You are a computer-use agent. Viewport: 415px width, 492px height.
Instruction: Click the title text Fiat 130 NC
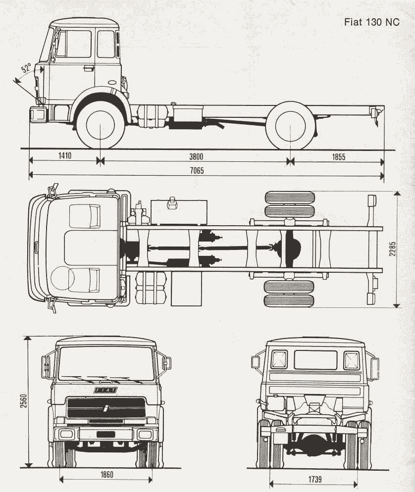click(x=371, y=23)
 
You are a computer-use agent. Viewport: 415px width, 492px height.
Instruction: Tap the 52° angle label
click(x=26, y=68)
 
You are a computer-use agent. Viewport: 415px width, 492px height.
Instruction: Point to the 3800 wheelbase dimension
click(x=196, y=156)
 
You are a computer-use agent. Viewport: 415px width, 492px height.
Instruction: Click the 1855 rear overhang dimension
click(x=338, y=156)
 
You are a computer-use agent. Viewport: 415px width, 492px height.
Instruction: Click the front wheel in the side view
click(x=101, y=125)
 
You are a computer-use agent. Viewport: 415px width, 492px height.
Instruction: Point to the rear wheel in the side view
click(x=290, y=125)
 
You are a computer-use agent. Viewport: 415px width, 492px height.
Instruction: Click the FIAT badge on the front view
click(x=106, y=391)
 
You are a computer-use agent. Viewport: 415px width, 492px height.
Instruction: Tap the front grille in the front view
click(x=106, y=407)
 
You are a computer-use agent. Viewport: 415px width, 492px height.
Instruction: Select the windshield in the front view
click(x=106, y=363)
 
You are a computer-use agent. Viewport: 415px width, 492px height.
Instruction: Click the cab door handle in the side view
click(x=88, y=67)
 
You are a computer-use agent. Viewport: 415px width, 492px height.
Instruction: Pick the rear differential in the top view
click(x=290, y=246)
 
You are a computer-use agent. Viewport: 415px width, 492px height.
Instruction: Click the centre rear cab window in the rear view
click(x=315, y=360)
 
